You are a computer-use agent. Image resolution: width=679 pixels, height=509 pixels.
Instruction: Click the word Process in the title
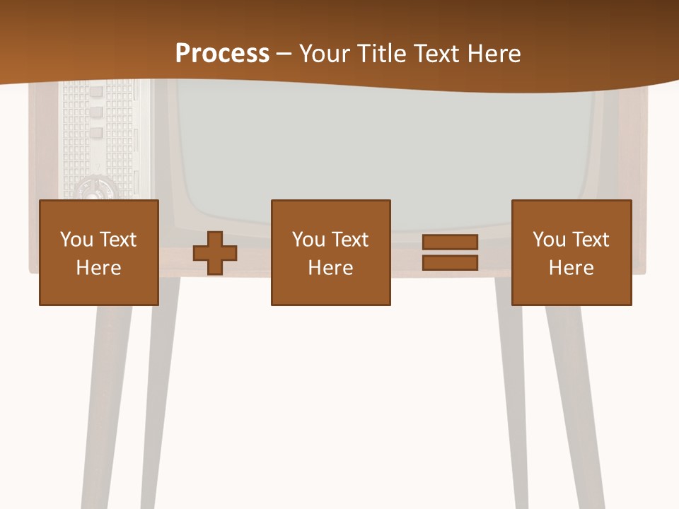click(222, 53)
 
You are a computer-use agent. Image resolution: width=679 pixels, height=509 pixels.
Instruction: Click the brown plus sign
click(215, 253)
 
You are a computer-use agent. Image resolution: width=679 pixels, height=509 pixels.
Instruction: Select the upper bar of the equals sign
click(450, 242)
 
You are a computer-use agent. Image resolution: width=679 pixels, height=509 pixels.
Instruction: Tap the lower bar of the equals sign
click(450, 262)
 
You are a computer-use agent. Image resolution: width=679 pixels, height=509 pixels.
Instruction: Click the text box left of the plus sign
click(99, 252)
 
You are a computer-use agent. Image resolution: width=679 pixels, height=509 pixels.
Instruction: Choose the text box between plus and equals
click(330, 252)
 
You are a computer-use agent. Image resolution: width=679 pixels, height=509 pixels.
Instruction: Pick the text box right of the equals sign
click(571, 252)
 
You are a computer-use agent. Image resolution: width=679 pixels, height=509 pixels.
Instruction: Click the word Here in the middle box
click(330, 268)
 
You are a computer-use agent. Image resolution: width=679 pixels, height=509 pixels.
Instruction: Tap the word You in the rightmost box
click(550, 240)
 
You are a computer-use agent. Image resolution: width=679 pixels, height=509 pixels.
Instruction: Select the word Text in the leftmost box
click(117, 240)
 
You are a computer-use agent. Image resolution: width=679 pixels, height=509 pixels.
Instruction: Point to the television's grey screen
click(385, 148)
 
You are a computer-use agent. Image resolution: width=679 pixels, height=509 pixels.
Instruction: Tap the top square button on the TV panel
click(96, 93)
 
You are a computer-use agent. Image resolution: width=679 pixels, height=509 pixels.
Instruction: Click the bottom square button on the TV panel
click(96, 132)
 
